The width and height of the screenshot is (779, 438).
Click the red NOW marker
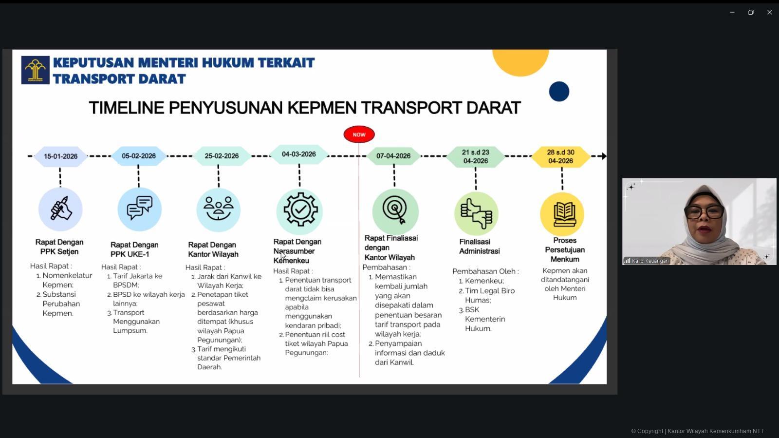pos(359,134)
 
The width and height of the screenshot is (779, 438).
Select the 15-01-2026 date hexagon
pos(60,156)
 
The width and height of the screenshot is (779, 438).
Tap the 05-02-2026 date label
pos(139,156)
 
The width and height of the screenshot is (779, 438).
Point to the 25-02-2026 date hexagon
pos(222,156)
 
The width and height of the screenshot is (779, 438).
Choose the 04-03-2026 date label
pos(299,154)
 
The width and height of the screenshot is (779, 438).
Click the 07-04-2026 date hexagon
pos(393,156)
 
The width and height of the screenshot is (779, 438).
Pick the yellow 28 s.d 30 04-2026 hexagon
pos(560,156)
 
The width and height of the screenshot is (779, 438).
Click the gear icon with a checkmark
pos(300,210)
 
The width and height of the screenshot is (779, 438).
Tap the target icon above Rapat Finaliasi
pos(395,210)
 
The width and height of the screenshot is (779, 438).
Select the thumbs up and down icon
pos(476,213)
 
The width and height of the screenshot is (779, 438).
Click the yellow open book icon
pos(562,214)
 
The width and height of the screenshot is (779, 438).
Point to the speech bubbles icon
pos(140,209)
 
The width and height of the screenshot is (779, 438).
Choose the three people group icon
pos(218,209)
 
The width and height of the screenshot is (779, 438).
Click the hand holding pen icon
pos(60,209)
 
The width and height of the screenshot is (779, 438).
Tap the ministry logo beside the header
pos(35,70)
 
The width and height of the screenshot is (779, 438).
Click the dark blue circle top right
pos(559,92)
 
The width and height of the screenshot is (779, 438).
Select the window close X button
pos(769,12)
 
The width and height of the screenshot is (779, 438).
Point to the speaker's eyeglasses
pos(704,212)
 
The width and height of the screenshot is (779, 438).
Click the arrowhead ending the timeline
pos(603,156)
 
